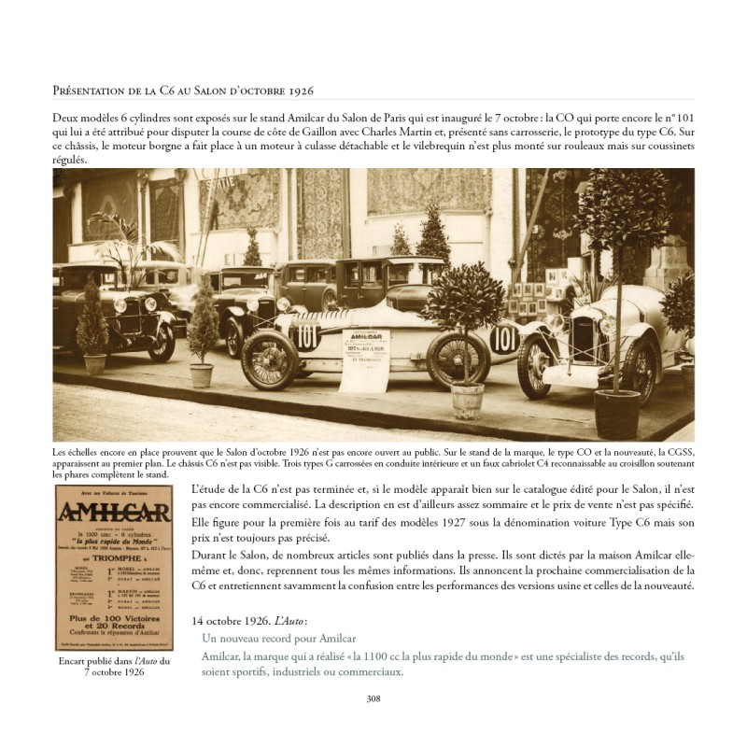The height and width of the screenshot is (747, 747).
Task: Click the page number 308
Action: click(373, 698)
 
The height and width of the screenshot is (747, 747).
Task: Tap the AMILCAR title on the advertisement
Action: click(113, 516)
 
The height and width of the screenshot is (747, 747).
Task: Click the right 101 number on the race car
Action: click(504, 337)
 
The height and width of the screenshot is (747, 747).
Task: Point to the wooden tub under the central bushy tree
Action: click(467, 401)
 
